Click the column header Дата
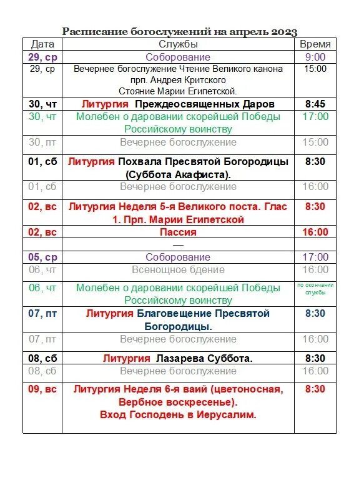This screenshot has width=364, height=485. click(x=42, y=44)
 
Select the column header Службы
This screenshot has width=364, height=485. click(x=178, y=44)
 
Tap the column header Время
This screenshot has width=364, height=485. click(x=315, y=44)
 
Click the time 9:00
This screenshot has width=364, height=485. click(x=315, y=57)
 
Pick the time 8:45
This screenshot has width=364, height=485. click(x=315, y=104)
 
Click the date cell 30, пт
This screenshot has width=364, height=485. click(x=42, y=142)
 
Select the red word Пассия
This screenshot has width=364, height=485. click(x=178, y=232)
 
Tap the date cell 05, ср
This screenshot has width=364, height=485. click(x=42, y=257)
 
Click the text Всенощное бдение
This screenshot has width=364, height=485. click(x=178, y=269)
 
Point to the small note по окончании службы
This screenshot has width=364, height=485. click(x=315, y=288)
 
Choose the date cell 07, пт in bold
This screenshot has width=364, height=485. click(x=42, y=313)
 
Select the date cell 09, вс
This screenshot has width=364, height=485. click(x=42, y=389)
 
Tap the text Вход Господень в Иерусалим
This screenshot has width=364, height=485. click(x=178, y=414)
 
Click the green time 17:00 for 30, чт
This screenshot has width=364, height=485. click(x=315, y=116)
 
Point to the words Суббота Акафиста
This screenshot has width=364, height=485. click(x=178, y=174)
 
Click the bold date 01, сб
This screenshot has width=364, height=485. click(x=42, y=161)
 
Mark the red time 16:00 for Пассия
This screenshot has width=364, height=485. click(x=315, y=232)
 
